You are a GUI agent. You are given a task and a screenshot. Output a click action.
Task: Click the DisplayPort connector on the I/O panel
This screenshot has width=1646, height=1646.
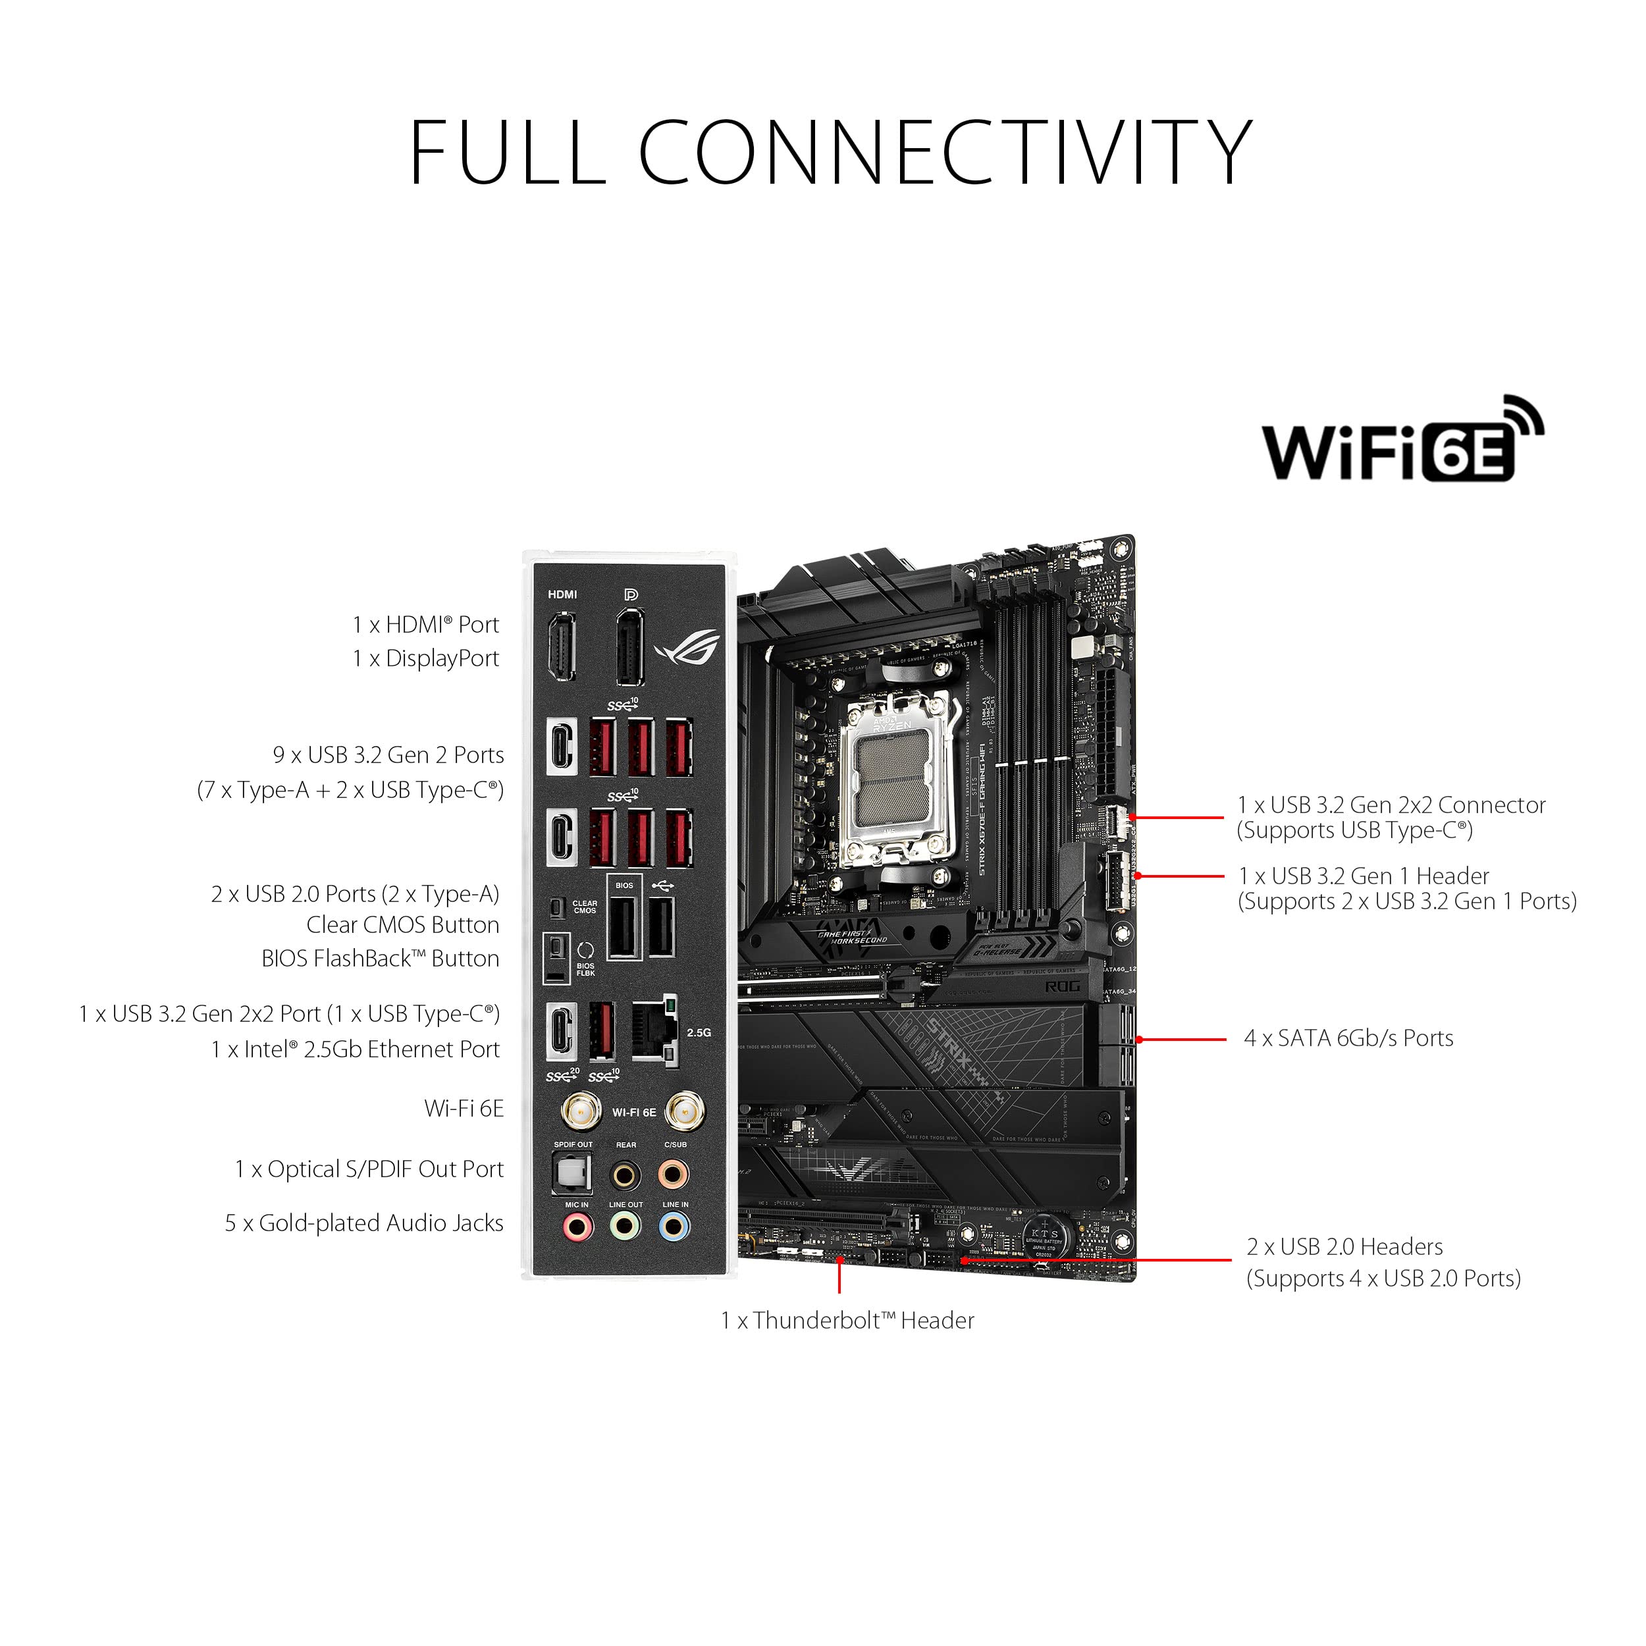[629, 647]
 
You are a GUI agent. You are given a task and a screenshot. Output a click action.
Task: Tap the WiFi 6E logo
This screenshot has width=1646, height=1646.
[1402, 440]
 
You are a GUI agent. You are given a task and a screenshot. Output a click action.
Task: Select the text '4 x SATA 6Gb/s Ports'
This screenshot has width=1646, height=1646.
[1348, 1038]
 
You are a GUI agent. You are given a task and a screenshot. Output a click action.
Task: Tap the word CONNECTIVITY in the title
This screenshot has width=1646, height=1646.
[945, 153]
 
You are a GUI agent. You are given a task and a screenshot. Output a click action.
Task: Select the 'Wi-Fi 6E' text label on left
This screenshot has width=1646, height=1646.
[464, 1108]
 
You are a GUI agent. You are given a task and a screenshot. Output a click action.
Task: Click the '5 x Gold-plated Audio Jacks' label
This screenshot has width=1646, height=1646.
[364, 1223]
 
